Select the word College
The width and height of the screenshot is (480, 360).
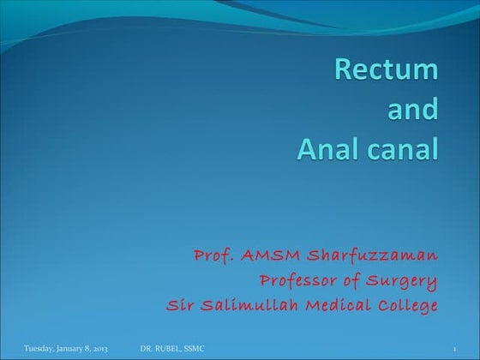pyautogui.click(x=407, y=306)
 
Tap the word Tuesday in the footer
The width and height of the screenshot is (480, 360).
pyautogui.click(x=39, y=348)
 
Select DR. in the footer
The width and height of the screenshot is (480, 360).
pyautogui.click(x=147, y=348)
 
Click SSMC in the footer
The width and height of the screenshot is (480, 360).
pyautogui.click(x=195, y=348)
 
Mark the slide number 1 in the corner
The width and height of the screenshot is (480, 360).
pyautogui.click(x=454, y=348)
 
